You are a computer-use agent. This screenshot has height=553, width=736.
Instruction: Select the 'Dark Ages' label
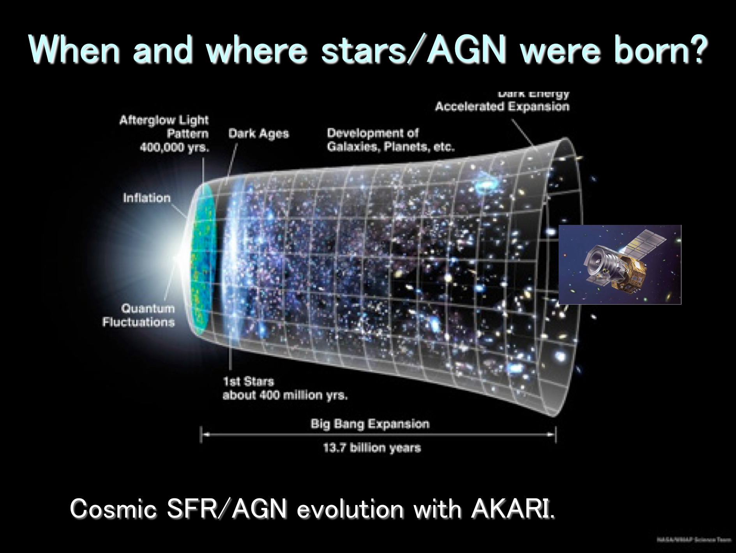[258, 134]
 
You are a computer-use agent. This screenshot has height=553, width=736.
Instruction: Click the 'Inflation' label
[147, 198]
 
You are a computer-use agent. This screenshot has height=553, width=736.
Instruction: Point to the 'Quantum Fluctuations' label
[139, 315]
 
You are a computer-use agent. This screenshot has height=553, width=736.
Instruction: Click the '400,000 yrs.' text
[175, 148]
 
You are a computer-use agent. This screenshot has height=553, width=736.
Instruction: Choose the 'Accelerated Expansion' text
[502, 106]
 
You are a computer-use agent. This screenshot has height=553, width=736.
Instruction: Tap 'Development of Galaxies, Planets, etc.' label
[390, 140]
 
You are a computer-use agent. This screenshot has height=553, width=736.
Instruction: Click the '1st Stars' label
[249, 381]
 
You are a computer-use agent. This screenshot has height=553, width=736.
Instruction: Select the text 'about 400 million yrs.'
[285, 395]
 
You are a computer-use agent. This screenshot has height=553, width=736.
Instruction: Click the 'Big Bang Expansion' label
[370, 424]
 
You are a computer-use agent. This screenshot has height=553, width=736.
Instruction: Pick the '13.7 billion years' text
[372, 447]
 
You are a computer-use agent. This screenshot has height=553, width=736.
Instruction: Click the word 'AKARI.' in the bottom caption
[512, 509]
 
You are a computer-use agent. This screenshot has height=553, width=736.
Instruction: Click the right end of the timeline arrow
[555, 434]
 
